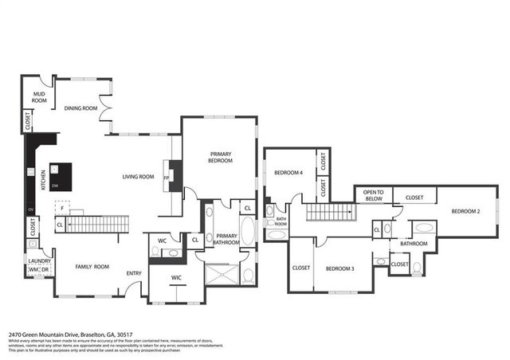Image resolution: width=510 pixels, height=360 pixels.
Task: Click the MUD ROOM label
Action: coord(38,97)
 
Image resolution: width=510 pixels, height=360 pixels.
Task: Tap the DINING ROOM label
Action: coord(80,108)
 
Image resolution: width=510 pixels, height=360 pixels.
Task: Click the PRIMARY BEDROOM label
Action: coord(221,157)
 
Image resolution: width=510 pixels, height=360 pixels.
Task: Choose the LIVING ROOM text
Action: coord(138,177)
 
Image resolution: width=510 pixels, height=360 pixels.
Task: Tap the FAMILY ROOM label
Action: coord(92,267)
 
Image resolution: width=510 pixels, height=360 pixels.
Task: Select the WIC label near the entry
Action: coord(177,278)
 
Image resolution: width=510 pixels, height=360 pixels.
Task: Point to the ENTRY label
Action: coord(135,274)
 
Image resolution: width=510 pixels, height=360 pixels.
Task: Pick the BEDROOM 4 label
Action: coord(288,173)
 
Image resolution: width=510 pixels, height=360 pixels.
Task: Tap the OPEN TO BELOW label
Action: coord(375,195)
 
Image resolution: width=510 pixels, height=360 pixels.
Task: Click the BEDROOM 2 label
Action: coord(465,211)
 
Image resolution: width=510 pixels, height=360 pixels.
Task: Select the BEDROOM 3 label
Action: coord(340,268)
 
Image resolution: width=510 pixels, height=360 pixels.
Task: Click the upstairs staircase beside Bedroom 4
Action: coord(329,211)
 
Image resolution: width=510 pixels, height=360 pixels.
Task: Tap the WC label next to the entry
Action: coord(162,240)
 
